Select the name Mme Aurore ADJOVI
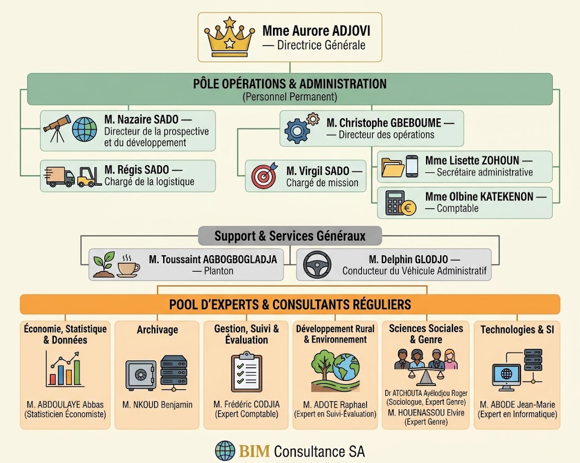point(316,31)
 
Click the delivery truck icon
point(59,176)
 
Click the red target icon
point(264,175)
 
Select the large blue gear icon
point(297,131)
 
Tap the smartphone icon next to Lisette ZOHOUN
point(412,166)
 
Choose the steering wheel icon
point(317,264)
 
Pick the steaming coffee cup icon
point(128,266)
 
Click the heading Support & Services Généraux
point(290,236)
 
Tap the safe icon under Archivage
point(140,375)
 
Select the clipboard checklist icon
point(246,372)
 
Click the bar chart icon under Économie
point(63,369)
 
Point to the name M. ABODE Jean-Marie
point(517,405)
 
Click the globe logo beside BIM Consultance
point(225,451)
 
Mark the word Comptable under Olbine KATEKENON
point(458,208)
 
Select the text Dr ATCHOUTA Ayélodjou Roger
point(426,393)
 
